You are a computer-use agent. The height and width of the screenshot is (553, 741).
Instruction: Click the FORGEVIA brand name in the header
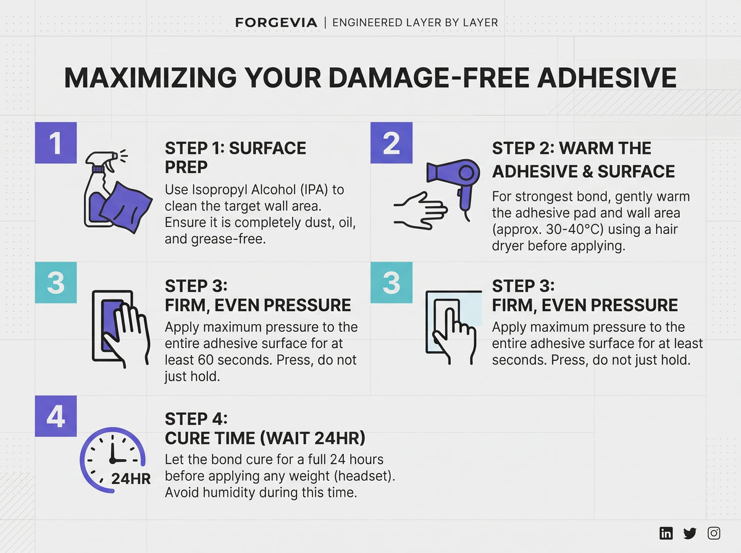pos(276,23)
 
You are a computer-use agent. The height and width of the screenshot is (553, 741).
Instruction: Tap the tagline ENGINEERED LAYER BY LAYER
pos(415,23)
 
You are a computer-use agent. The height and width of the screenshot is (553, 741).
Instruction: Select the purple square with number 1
pos(56,143)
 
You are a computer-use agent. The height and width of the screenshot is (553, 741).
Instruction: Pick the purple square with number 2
pos(391,143)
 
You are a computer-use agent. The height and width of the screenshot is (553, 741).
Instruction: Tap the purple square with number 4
pos(56,416)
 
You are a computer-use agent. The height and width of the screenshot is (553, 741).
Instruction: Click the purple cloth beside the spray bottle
pos(126,207)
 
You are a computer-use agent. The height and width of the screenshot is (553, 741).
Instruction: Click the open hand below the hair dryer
pos(421,211)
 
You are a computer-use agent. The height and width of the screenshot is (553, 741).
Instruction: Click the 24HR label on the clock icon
pos(131,479)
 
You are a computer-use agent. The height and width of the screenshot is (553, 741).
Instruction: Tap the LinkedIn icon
pos(666,533)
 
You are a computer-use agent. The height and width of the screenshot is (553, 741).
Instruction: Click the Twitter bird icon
pos(690,533)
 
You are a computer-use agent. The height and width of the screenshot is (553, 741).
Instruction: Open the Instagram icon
pos(714,533)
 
